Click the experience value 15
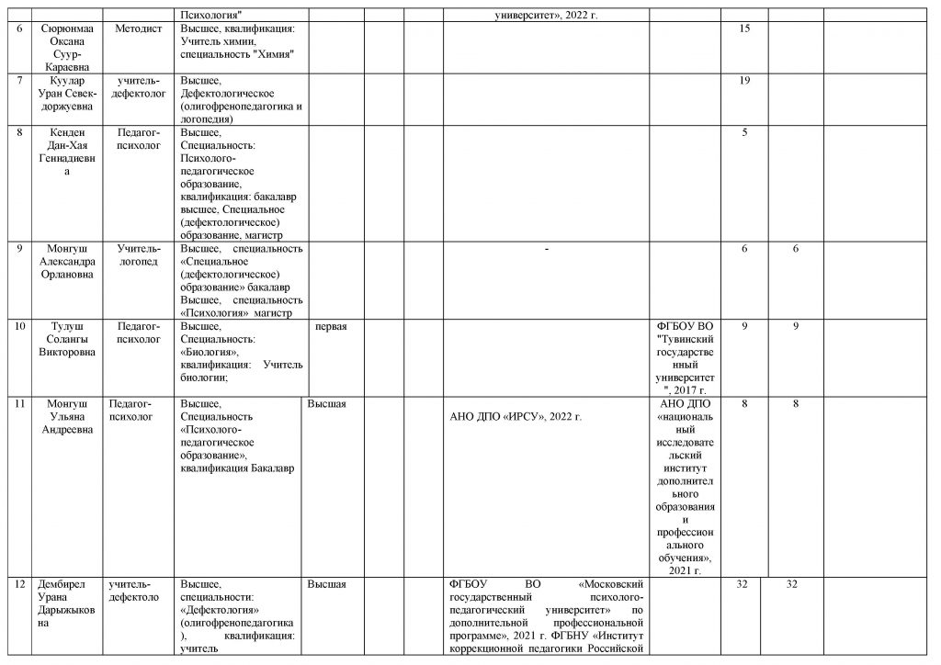744,29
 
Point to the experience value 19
744,81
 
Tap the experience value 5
744,132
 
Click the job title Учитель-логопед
138,254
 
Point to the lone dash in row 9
546,249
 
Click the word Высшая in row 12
326,583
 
